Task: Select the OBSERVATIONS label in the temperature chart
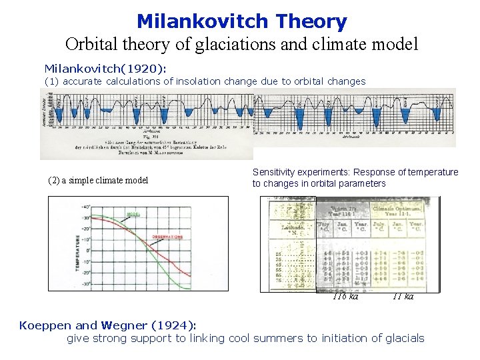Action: pyautogui.click(x=167, y=237)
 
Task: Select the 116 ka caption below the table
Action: pyautogui.click(x=345, y=297)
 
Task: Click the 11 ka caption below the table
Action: pyautogui.click(x=403, y=297)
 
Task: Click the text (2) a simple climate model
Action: pyautogui.click(x=99, y=180)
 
